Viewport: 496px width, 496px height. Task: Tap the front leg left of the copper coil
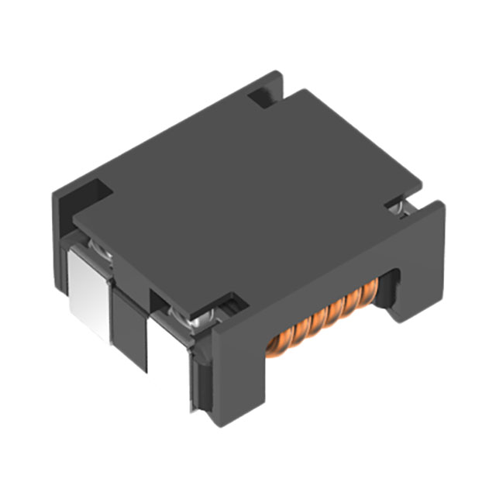[236, 372]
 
